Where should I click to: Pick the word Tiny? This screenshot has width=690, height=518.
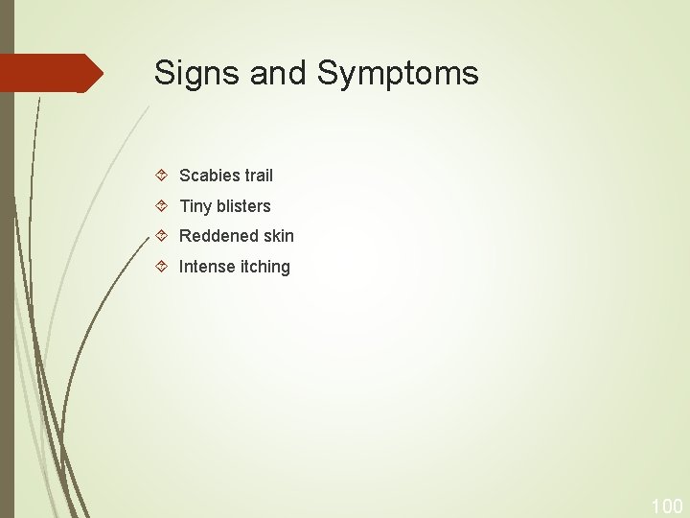tap(195, 206)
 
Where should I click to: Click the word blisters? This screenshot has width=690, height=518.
tap(243, 206)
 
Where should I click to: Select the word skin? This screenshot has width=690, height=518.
tap(277, 236)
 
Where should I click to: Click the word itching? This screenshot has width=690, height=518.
tap(264, 267)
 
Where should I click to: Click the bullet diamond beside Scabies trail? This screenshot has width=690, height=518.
tap(162, 176)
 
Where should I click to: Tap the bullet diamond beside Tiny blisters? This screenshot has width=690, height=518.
tap(162, 206)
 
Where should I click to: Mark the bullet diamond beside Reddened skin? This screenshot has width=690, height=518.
tap(162, 236)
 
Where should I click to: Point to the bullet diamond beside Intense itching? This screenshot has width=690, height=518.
tap(162, 267)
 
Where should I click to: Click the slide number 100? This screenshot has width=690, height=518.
tap(666, 506)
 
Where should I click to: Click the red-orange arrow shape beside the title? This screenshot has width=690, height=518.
tap(48, 73)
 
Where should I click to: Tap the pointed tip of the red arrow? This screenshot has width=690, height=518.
tap(101, 73)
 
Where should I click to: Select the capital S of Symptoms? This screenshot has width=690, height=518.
tap(328, 73)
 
